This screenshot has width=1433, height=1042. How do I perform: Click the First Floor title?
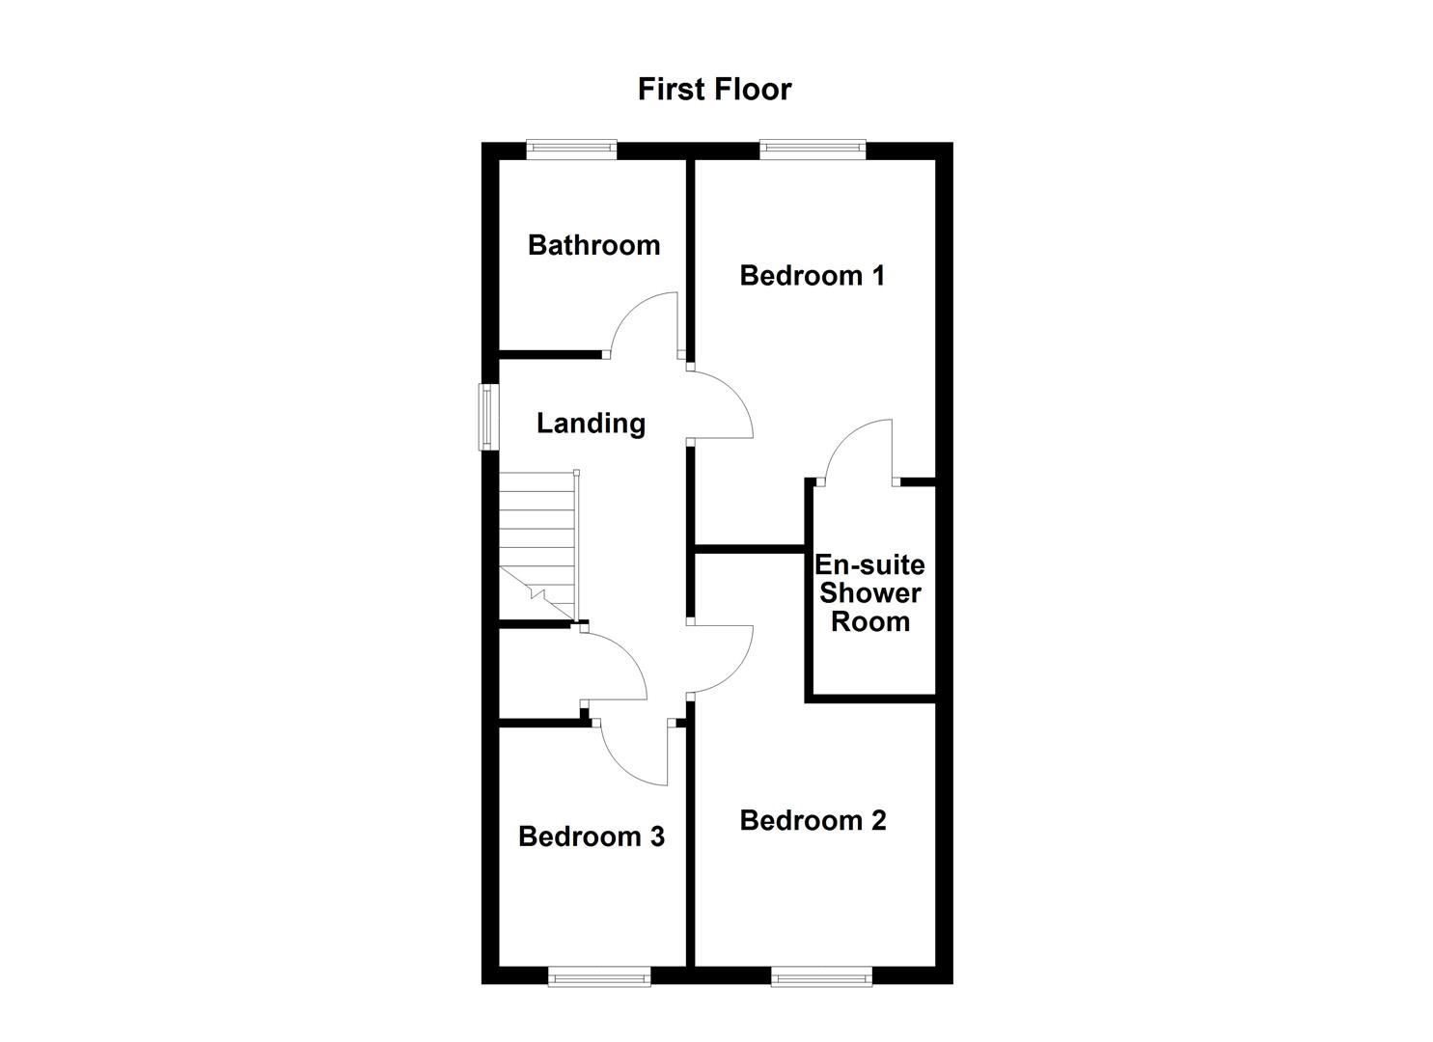(x=714, y=89)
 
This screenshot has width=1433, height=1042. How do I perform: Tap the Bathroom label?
(x=593, y=245)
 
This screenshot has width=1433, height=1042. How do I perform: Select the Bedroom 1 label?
(x=812, y=276)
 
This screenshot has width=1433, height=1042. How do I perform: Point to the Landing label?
(x=591, y=424)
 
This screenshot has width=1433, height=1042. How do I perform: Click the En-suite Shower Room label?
(x=870, y=593)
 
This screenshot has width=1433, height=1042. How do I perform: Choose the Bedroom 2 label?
(x=813, y=821)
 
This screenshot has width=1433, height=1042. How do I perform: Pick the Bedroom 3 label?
(x=591, y=836)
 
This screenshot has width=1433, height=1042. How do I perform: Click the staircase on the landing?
(x=537, y=546)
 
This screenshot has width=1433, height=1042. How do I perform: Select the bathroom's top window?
(x=571, y=149)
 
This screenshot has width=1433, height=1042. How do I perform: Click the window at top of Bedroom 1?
(x=812, y=149)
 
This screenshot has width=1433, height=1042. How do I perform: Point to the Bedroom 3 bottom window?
(x=599, y=977)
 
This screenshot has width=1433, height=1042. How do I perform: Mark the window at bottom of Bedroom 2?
(x=822, y=977)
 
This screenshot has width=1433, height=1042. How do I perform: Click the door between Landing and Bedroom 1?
(x=724, y=405)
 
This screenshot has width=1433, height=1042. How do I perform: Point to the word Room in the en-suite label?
(x=870, y=622)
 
